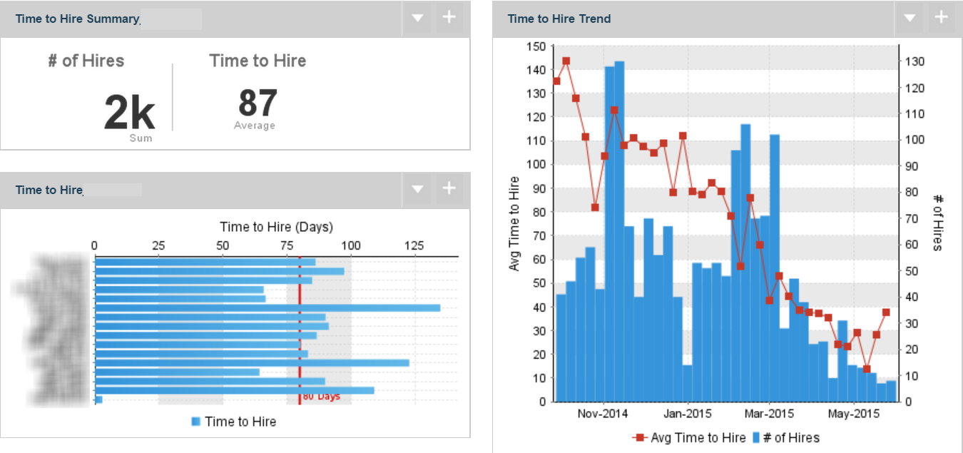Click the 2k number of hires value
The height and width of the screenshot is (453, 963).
(x=129, y=113)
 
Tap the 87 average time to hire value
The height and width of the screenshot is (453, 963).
(x=258, y=104)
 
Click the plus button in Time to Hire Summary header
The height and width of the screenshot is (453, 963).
(x=449, y=18)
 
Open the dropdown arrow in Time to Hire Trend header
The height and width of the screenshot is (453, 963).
(x=909, y=18)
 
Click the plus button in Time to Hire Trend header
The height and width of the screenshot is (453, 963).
(x=942, y=18)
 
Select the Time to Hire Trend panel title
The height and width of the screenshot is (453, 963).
(x=559, y=19)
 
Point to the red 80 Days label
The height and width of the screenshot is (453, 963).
(x=321, y=397)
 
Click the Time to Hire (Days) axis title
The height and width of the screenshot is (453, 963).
(x=276, y=227)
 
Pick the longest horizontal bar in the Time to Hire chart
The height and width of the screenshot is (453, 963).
(x=267, y=308)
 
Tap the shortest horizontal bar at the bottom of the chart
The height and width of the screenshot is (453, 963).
(x=98, y=399)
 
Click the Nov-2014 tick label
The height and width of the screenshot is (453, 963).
(x=603, y=414)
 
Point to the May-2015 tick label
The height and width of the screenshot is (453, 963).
(x=853, y=414)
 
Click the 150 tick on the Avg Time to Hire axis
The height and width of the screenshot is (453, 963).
(x=535, y=46)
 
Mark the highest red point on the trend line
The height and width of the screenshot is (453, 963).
(x=566, y=61)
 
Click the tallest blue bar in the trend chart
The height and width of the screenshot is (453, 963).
(x=619, y=228)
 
